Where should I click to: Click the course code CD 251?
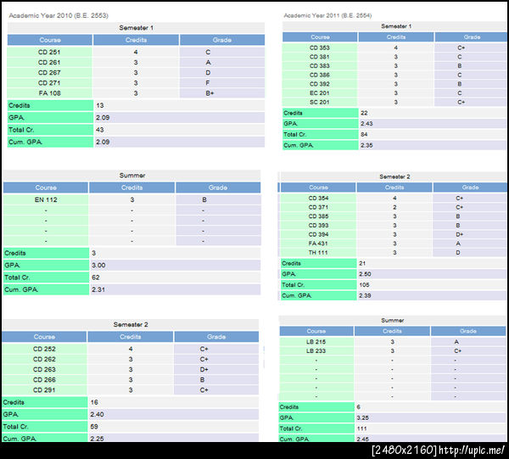(x=50, y=52)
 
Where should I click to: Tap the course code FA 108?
(x=50, y=93)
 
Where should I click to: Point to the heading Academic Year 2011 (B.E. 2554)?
(x=331, y=14)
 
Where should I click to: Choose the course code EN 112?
(x=46, y=199)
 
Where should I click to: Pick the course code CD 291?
(x=46, y=390)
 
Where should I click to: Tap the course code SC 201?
(x=320, y=102)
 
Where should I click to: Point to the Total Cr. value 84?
(x=366, y=134)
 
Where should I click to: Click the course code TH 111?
(x=318, y=252)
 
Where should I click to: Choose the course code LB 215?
(x=316, y=341)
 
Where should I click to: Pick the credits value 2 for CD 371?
(x=393, y=207)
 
